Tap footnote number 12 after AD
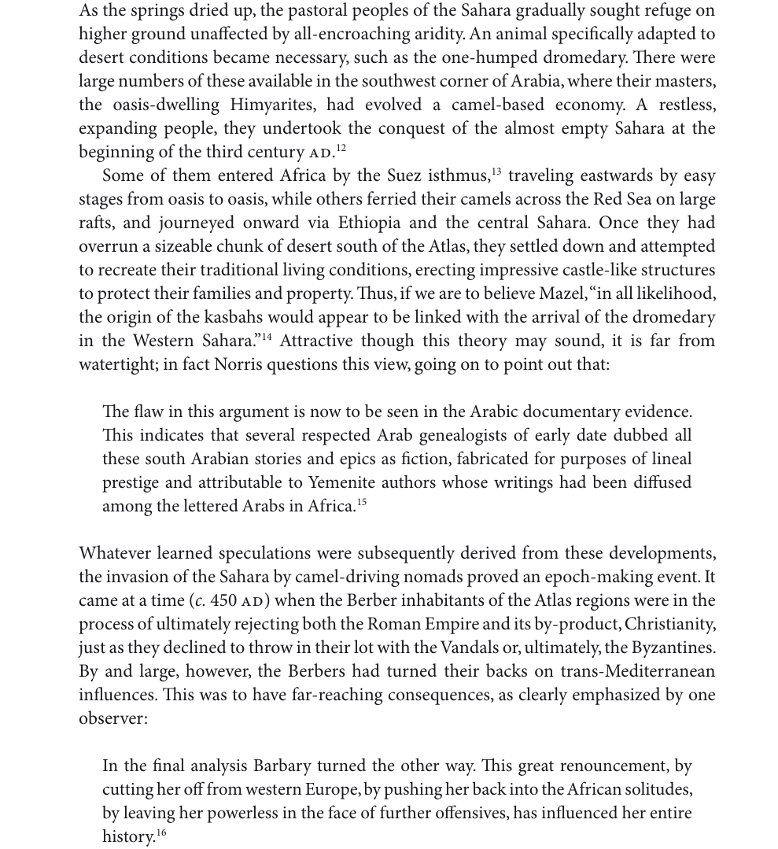coord(341,148)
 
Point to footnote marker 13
coord(496,172)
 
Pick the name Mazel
coord(561,293)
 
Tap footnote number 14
coord(267,337)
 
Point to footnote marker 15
coord(362,502)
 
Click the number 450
coord(223,600)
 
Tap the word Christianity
coord(672,624)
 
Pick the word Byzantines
coord(667,648)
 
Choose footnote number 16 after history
coord(161,832)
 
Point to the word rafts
coord(98,223)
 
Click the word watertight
coord(117,364)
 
